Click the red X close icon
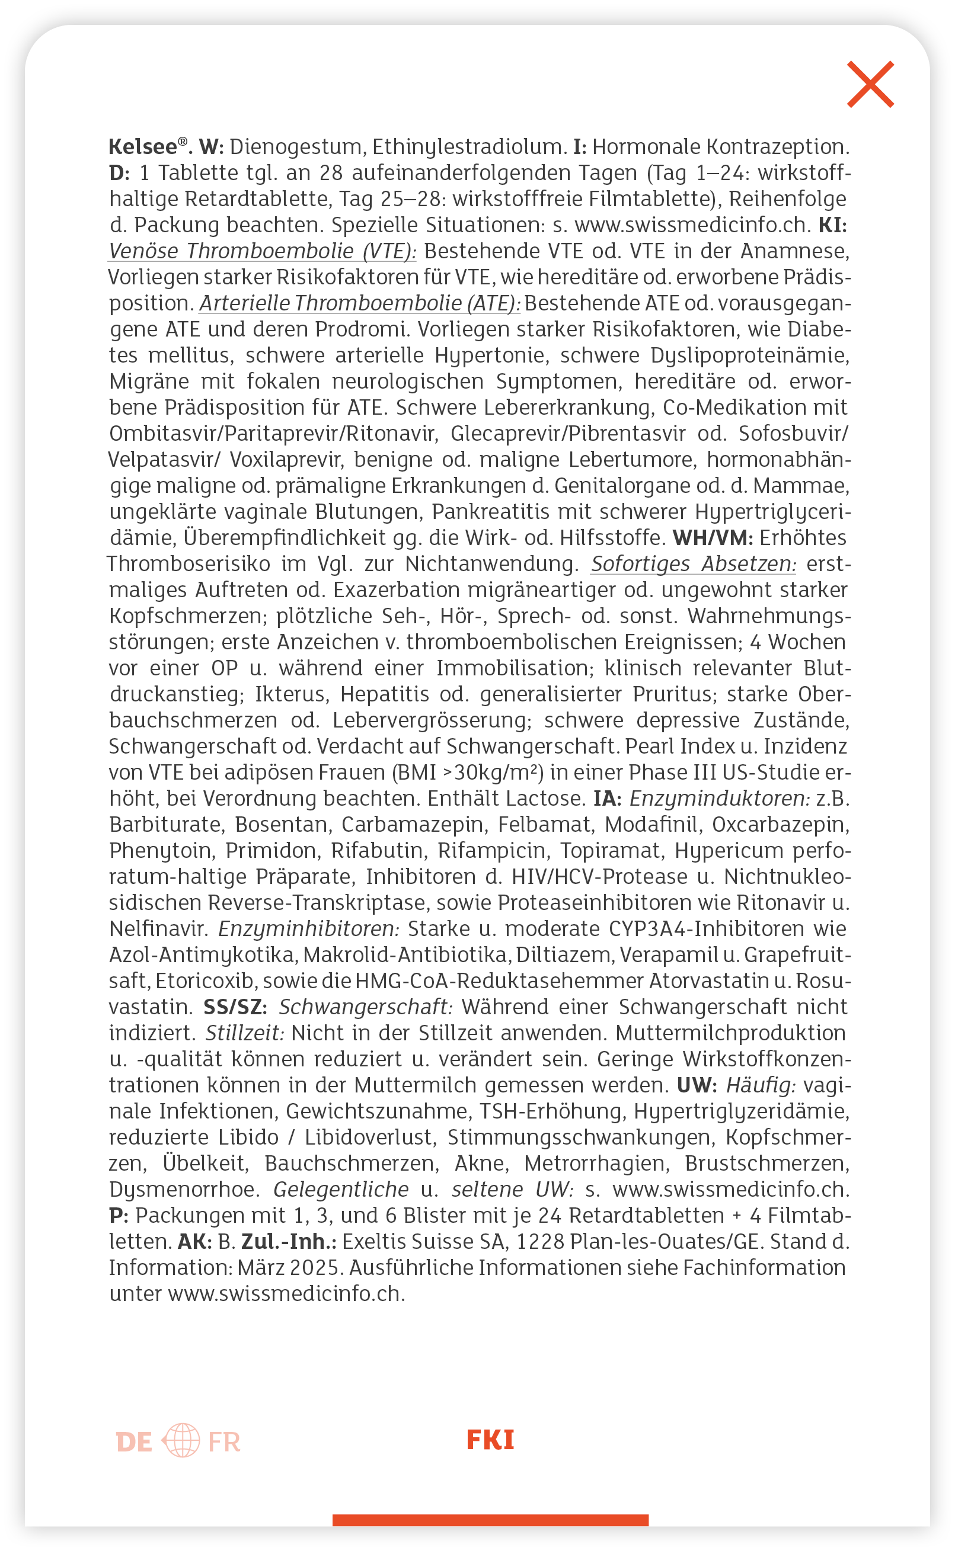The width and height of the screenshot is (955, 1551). [870, 84]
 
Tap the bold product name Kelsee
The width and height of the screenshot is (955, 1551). [143, 147]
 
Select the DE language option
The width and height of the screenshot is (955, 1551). [134, 1442]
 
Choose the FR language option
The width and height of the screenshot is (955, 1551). [224, 1442]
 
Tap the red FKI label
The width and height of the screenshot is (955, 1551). [490, 1440]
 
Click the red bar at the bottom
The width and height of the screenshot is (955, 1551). [490, 1520]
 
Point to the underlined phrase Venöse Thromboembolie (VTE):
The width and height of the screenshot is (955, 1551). [262, 251]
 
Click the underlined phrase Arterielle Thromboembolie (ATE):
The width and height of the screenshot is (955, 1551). [359, 304]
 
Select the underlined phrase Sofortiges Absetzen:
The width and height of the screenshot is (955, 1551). [694, 564]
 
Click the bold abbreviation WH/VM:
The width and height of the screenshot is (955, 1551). [713, 538]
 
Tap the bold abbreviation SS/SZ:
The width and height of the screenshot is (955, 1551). [235, 1006]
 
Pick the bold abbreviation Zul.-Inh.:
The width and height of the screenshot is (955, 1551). [289, 1241]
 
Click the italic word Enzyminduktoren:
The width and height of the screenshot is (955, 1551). [720, 799]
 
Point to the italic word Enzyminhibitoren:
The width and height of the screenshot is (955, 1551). [309, 928]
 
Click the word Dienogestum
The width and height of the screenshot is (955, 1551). [296, 147]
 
